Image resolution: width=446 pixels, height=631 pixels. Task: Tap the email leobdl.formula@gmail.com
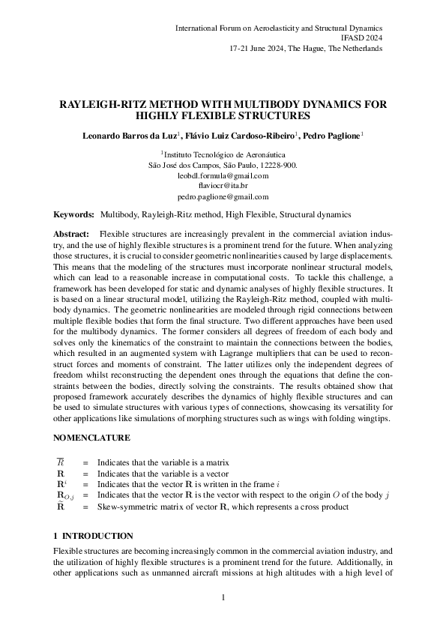[223, 175]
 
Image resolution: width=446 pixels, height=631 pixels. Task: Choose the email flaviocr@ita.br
[223, 185]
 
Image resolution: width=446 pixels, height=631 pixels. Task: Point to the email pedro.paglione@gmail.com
[223, 196]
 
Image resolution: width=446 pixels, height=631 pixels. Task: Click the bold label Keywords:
[74, 214]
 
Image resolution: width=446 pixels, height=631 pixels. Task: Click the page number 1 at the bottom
[223, 597]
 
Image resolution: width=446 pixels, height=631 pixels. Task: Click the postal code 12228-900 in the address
[278, 164]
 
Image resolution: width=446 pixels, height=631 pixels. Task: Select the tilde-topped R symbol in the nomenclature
[61, 507]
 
